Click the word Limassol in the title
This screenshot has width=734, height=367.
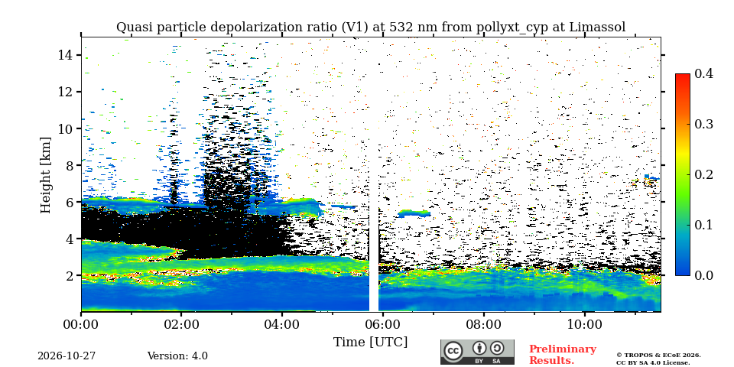[597, 28]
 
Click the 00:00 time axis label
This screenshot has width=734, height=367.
[81, 324]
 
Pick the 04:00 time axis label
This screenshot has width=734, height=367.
[282, 324]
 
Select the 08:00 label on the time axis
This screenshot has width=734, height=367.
[483, 324]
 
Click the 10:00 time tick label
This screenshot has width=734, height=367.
[583, 324]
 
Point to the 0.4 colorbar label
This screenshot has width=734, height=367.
[703, 73]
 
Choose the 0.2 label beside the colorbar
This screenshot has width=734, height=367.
[703, 174]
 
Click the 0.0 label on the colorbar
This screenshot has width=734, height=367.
[703, 274]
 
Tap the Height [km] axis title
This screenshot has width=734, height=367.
[45, 174]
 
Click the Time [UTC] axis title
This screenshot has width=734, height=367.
[370, 342]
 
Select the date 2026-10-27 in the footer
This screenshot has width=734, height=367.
[67, 356]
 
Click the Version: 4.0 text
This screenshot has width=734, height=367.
[177, 356]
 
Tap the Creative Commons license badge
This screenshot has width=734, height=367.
[477, 352]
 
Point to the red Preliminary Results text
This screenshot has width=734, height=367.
[563, 354]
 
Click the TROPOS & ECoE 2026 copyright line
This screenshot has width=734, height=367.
[658, 356]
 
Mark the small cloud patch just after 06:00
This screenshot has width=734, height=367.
[414, 213]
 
